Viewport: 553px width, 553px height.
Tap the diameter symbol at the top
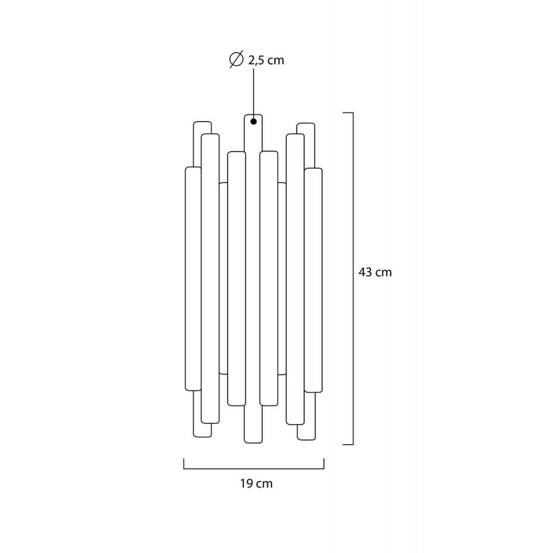(x=236, y=59)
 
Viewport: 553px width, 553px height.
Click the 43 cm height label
(x=375, y=272)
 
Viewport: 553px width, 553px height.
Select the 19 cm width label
(x=256, y=483)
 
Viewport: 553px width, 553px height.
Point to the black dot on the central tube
(x=253, y=122)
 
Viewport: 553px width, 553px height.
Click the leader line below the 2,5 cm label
(x=253, y=93)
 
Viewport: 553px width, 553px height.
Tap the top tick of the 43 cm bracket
(x=348, y=113)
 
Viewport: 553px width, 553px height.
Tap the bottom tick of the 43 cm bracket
(x=348, y=444)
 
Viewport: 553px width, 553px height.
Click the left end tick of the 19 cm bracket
(x=184, y=464)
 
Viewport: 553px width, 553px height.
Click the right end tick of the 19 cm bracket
(x=324, y=464)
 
